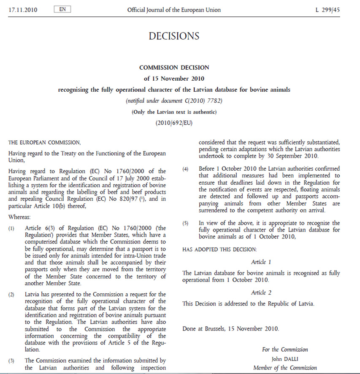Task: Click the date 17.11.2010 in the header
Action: tap(22, 10)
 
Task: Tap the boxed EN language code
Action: tap(62, 9)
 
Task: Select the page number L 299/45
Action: tap(328, 10)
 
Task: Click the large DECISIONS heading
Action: tap(174, 36)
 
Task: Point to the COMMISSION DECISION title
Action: tap(174, 67)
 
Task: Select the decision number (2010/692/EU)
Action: tap(174, 123)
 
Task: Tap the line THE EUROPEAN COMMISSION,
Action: tap(44, 143)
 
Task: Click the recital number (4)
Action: tap(186, 169)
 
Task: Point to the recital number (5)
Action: tap(186, 223)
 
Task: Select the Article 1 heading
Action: tap(261, 262)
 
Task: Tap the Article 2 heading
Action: tap(261, 292)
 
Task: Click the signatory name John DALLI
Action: tap(284, 359)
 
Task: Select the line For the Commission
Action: tap(285, 350)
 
